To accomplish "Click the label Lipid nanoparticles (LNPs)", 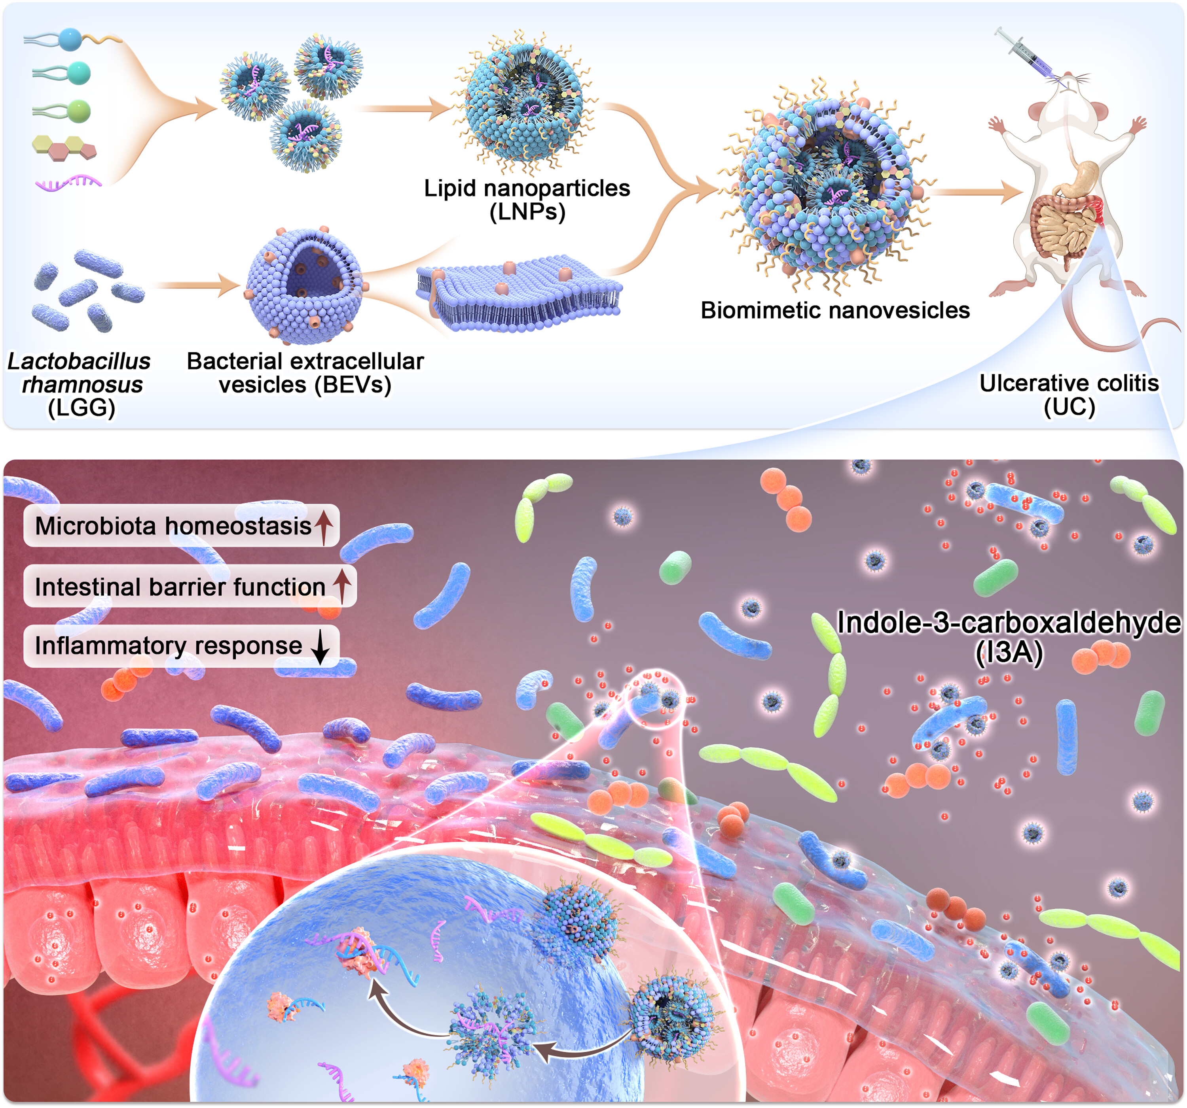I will click(527, 200).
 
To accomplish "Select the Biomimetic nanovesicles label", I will click(835, 310).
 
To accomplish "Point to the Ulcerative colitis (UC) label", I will click(1069, 395).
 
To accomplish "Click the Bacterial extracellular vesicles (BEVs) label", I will click(305, 373).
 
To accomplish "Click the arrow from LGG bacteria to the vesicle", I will click(197, 285).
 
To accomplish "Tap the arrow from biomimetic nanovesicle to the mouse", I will click(975, 192).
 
